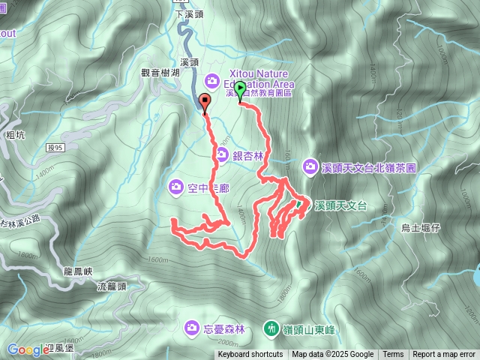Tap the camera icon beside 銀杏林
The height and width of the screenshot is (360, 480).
tap(222, 155)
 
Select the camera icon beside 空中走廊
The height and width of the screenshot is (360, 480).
tap(175, 185)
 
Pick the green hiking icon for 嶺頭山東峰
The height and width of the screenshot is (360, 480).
tap(270, 328)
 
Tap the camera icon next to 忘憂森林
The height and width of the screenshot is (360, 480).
tap(191, 328)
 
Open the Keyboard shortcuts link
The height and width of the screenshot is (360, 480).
tap(250, 355)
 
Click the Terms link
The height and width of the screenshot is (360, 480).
tap(393, 355)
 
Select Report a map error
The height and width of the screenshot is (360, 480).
tap(445, 355)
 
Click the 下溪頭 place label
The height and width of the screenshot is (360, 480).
tap(189, 14)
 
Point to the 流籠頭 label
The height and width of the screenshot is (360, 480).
tap(112, 286)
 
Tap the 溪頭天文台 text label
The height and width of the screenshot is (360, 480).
tap(340, 205)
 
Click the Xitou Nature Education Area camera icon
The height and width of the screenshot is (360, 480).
tap(211, 79)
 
